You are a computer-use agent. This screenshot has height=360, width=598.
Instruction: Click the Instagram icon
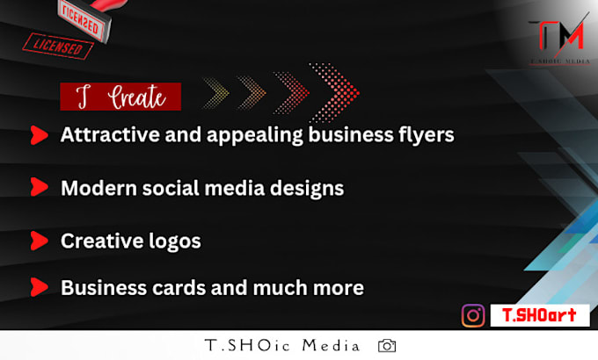tap(474, 315)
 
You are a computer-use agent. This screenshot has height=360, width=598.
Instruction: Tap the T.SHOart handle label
tap(534, 315)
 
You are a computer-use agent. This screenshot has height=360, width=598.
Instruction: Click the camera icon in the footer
tap(387, 346)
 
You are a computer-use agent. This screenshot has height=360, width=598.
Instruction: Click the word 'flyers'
tap(428, 135)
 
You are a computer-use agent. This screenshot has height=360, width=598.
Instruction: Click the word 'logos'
tap(176, 240)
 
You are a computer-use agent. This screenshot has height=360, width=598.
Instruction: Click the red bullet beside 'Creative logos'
tap(38, 240)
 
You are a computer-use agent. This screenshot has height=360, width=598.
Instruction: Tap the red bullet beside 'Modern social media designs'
tap(38, 187)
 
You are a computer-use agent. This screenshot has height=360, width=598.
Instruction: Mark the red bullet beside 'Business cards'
tap(38, 287)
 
